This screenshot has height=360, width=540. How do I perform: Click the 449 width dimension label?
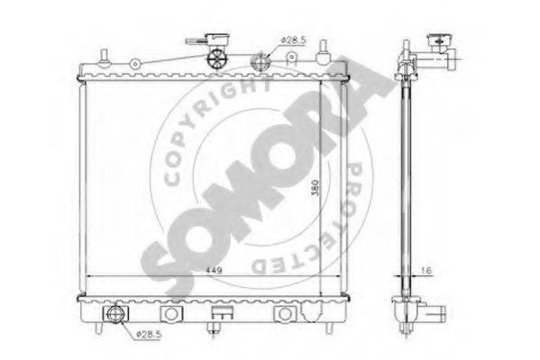[x=214, y=270]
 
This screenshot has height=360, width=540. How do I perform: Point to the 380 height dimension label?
[x=316, y=188]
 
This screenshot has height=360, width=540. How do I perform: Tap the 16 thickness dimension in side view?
[x=426, y=271]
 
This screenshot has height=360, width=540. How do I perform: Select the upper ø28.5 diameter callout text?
[x=293, y=40]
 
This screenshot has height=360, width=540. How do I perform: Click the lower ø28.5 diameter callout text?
[x=149, y=334]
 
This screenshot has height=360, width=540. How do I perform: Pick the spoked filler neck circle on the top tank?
[x=216, y=59]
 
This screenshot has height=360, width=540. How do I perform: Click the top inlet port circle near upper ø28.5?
[x=261, y=62]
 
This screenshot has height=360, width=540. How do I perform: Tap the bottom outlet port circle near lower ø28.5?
[x=114, y=314]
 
